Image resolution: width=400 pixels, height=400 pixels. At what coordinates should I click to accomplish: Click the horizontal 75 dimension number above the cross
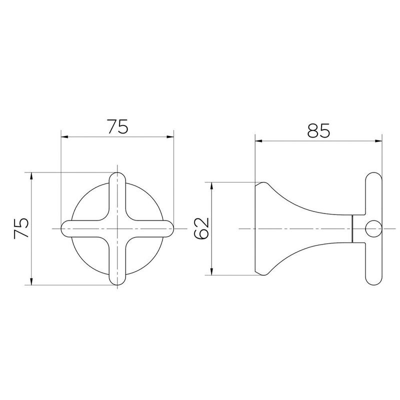point(117,126)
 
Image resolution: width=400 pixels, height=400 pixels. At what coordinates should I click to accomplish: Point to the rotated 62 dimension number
point(201,229)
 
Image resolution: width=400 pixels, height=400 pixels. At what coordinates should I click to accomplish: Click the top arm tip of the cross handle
point(117,176)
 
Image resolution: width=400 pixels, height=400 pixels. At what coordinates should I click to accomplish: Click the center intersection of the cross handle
point(117,229)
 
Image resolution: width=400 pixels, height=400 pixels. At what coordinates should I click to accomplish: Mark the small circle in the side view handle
point(372,229)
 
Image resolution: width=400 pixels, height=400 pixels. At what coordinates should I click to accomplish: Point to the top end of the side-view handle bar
point(372,176)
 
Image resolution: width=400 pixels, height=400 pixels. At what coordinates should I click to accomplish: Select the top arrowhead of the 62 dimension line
point(213,185)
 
